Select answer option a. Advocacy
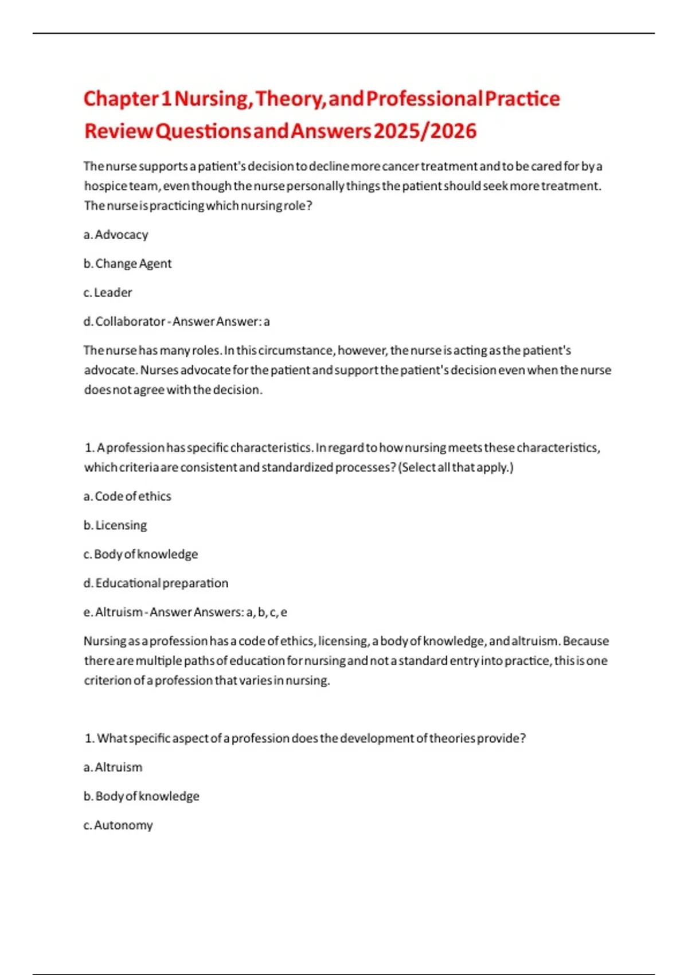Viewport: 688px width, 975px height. click(x=116, y=235)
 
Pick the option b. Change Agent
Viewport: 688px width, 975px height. click(x=127, y=263)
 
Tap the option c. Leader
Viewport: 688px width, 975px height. click(x=108, y=292)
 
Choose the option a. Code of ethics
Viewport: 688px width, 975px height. click(x=127, y=496)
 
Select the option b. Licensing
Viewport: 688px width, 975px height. click(x=115, y=525)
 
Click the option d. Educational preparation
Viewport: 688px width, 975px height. click(x=156, y=583)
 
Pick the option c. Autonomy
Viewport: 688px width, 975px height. click(x=118, y=825)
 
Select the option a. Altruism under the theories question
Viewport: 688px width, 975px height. click(x=113, y=767)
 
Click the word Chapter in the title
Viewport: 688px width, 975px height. click(x=120, y=99)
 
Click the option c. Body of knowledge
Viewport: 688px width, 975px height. click(x=141, y=554)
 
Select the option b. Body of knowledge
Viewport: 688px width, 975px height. click(x=142, y=796)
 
